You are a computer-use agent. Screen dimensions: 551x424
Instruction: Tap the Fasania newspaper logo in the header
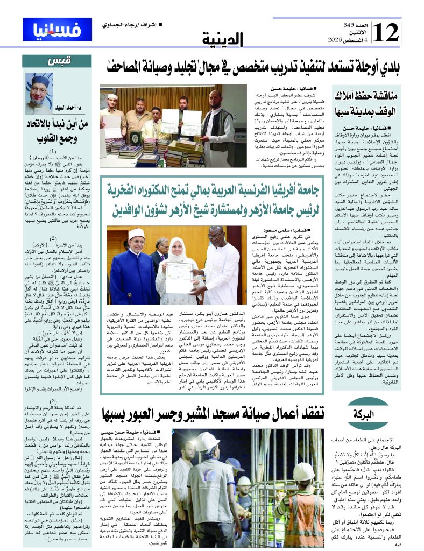point(50,29)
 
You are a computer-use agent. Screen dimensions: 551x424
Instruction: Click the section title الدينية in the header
point(223,40)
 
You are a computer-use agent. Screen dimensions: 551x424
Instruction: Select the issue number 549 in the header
point(350,25)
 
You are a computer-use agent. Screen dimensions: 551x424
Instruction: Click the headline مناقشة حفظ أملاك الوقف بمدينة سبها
point(366,102)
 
